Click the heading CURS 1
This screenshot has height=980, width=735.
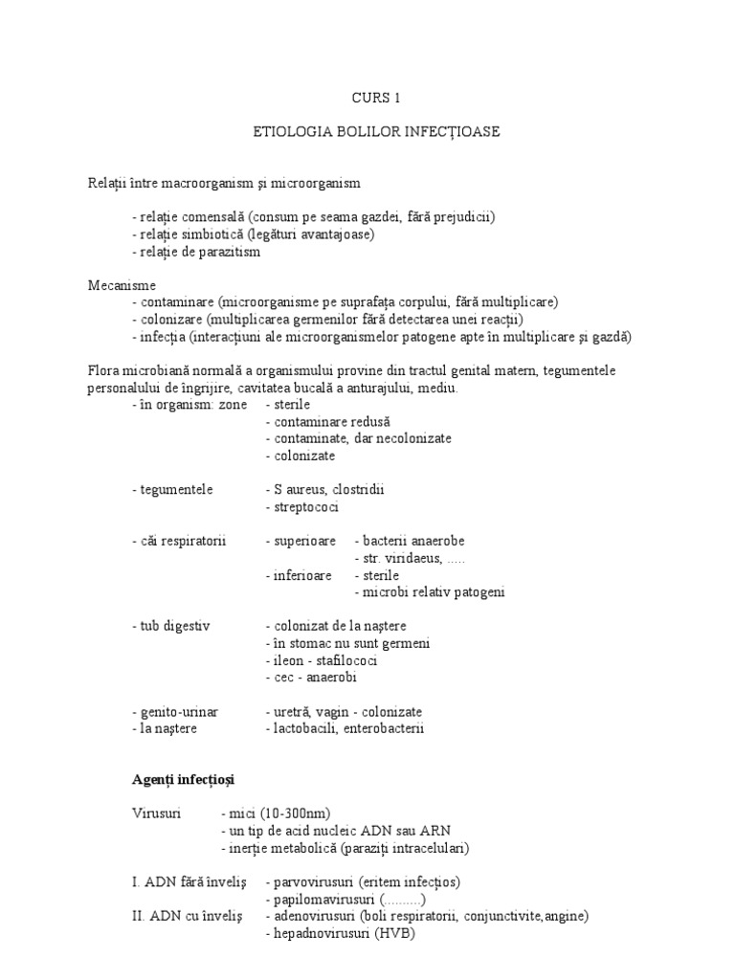click(367, 97)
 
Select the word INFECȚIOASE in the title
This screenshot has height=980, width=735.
click(452, 131)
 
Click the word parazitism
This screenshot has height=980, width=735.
click(229, 252)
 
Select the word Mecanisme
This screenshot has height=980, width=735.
click(122, 285)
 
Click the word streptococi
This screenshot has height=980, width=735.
click(306, 507)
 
